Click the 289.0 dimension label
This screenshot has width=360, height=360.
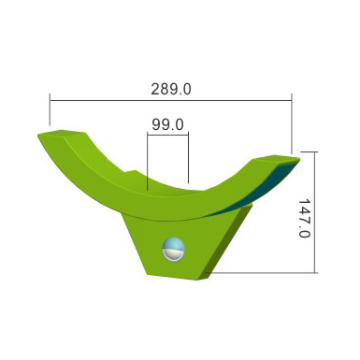[171, 89]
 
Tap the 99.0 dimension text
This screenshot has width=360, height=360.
[167, 124]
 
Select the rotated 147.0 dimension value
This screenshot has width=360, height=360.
[305, 218]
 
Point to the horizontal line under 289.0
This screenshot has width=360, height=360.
[171, 101]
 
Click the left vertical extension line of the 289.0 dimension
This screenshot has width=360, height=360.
[50, 109]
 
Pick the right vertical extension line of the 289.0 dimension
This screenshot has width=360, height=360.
[292, 123]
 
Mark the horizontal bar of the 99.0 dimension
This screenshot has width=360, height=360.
[167, 135]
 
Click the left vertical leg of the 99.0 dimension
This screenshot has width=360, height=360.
[148, 162]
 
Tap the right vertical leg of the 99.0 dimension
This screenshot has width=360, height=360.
[189, 158]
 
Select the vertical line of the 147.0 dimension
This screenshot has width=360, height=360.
[315, 212]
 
